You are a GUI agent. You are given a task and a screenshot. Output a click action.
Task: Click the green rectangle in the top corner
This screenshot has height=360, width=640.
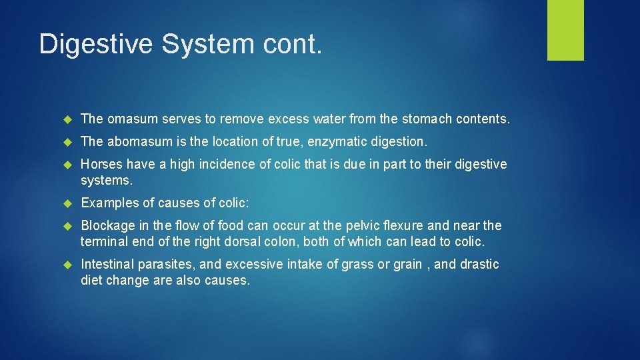point(565,30)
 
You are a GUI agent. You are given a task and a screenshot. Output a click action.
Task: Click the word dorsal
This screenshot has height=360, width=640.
point(231,242)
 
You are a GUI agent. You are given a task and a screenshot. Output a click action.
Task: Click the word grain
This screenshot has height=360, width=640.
point(407,265)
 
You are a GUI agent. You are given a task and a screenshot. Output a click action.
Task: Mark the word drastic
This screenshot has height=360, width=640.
point(477,265)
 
